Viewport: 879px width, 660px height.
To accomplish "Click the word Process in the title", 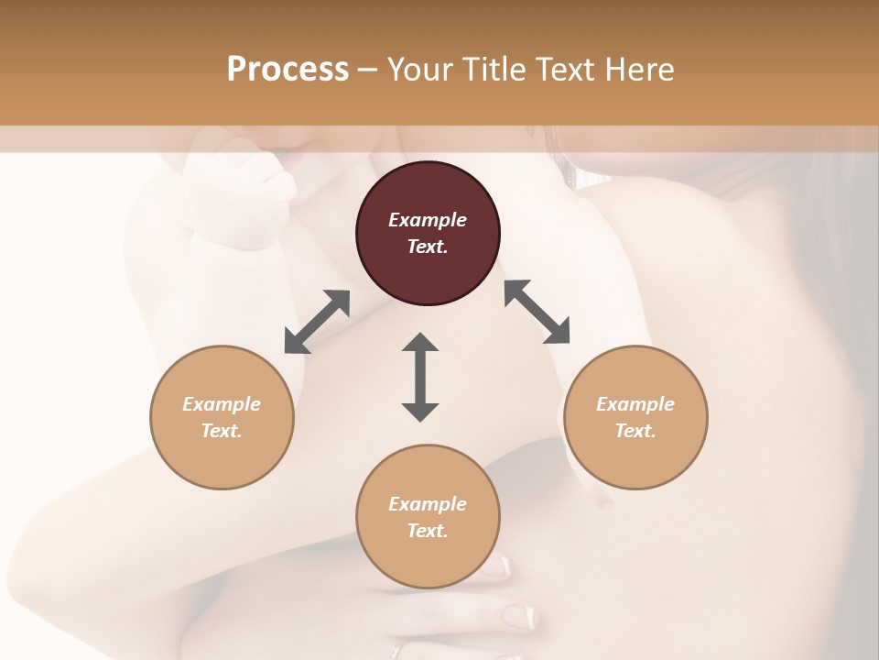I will (288, 70).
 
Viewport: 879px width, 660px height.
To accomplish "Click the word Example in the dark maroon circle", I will (428, 220).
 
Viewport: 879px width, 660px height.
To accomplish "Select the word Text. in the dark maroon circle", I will (428, 247).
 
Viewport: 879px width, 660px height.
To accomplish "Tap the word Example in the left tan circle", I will (222, 404).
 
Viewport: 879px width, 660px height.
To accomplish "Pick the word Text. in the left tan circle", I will (222, 431).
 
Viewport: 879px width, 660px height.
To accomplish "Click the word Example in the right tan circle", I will (635, 404).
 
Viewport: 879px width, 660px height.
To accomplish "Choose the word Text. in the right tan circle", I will (635, 431).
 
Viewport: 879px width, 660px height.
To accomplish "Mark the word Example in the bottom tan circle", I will (428, 504).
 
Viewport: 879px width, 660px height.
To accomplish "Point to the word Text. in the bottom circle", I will (428, 531).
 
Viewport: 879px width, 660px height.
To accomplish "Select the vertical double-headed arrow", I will (420, 377).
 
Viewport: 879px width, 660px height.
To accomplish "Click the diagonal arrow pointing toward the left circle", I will (317, 322).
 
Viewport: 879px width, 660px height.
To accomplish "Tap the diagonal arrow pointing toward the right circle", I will (537, 312).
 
